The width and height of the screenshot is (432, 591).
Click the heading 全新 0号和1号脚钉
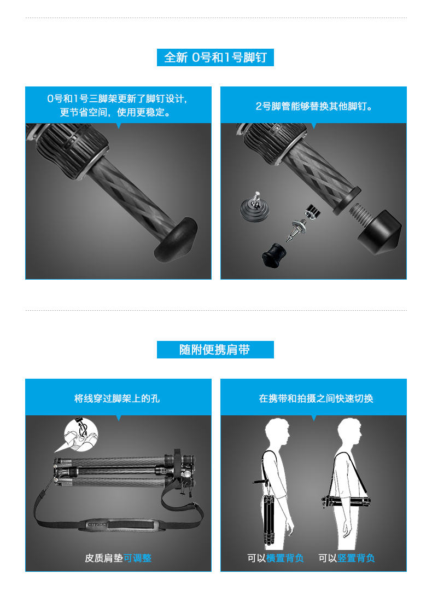(215, 57)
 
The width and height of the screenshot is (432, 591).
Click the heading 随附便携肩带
(215, 349)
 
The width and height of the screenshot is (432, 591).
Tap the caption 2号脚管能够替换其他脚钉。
(314, 106)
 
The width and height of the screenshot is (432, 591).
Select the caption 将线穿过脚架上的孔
(117, 398)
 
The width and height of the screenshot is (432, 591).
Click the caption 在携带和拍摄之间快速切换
(316, 398)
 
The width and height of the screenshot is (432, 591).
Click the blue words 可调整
(137, 558)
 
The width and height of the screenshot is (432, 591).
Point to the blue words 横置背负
(285, 558)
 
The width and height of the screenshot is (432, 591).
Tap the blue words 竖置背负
(356, 558)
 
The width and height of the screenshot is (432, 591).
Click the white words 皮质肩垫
(104, 558)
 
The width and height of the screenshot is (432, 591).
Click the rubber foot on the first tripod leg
(176, 239)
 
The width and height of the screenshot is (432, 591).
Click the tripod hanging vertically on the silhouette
(268, 520)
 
